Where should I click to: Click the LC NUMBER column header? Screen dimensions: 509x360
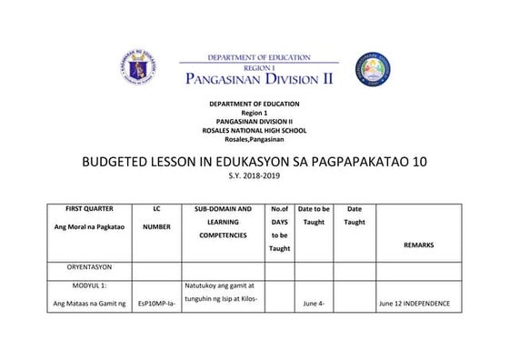point(157,218)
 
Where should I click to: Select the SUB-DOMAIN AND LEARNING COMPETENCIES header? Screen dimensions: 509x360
point(223,222)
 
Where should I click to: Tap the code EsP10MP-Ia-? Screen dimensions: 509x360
point(156,303)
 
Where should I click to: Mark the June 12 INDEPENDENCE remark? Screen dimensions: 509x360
point(414,303)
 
